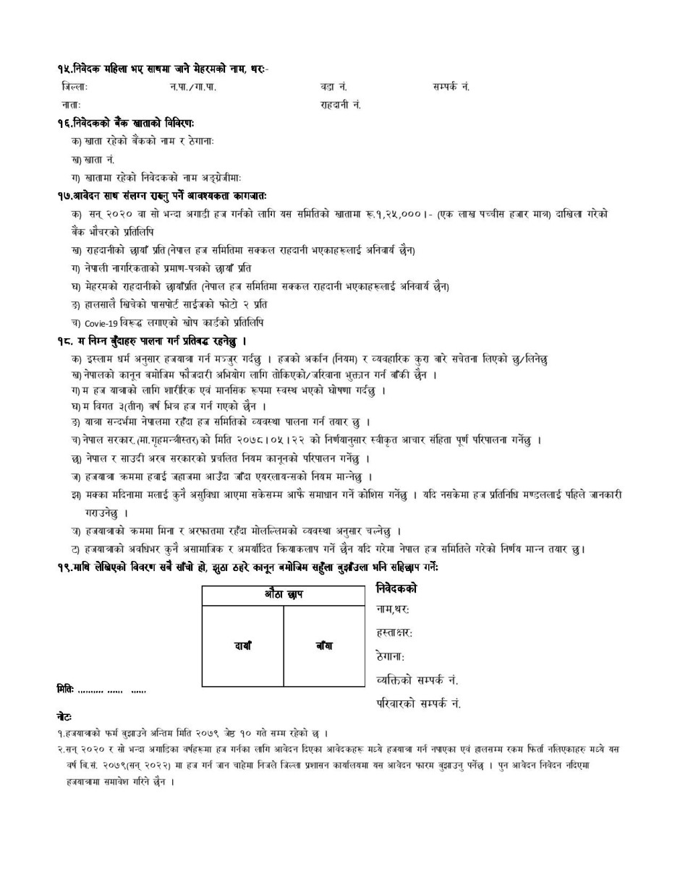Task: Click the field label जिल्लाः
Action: (x=75, y=87)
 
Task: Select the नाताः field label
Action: (x=71, y=105)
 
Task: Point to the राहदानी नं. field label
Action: (x=340, y=105)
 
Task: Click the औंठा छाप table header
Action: (x=284, y=595)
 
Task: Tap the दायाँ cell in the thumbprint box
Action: (x=242, y=646)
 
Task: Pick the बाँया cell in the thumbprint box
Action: (x=324, y=646)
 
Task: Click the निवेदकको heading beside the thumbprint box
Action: (x=396, y=589)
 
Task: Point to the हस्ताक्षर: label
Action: (x=394, y=633)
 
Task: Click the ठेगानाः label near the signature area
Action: (x=391, y=657)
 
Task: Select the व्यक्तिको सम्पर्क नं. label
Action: (x=417, y=680)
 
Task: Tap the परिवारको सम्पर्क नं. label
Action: (x=419, y=703)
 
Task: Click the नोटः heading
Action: (x=64, y=716)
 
